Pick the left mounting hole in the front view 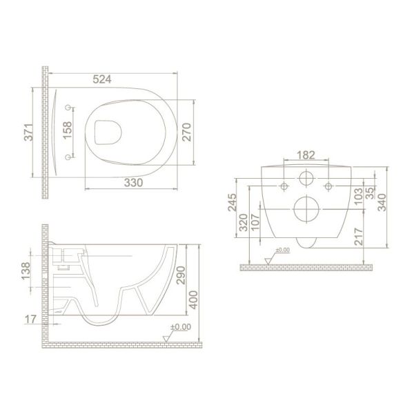click(284, 184)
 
